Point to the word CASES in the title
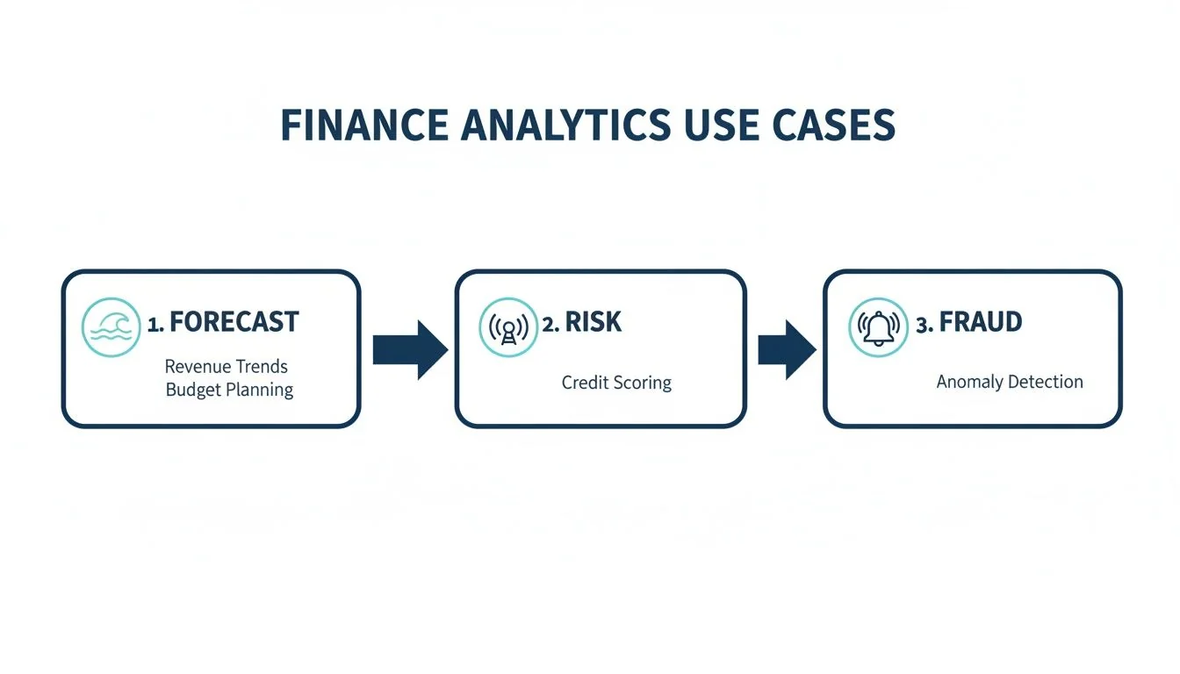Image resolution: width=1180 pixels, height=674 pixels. click(x=834, y=125)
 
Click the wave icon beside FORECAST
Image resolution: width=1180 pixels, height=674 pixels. click(x=111, y=326)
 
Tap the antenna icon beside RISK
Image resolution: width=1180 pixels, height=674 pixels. click(x=507, y=326)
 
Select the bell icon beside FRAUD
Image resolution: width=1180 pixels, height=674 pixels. click(x=878, y=326)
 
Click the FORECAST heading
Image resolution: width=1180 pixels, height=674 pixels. click(x=234, y=322)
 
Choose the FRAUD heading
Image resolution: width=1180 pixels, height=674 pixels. click(x=980, y=322)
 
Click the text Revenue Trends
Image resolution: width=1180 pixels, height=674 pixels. click(x=227, y=366)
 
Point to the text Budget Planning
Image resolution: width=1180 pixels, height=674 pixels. click(x=229, y=390)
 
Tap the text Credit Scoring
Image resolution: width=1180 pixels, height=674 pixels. click(x=616, y=383)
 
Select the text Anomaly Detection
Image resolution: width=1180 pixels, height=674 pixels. click(x=1010, y=382)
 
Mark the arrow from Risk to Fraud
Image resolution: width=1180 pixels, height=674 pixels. click(x=787, y=349)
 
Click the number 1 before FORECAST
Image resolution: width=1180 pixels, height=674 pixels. click(x=154, y=324)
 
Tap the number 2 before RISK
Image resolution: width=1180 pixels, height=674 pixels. click(x=549, y=324)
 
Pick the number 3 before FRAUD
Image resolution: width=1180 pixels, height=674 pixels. click(x=923, y=324)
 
